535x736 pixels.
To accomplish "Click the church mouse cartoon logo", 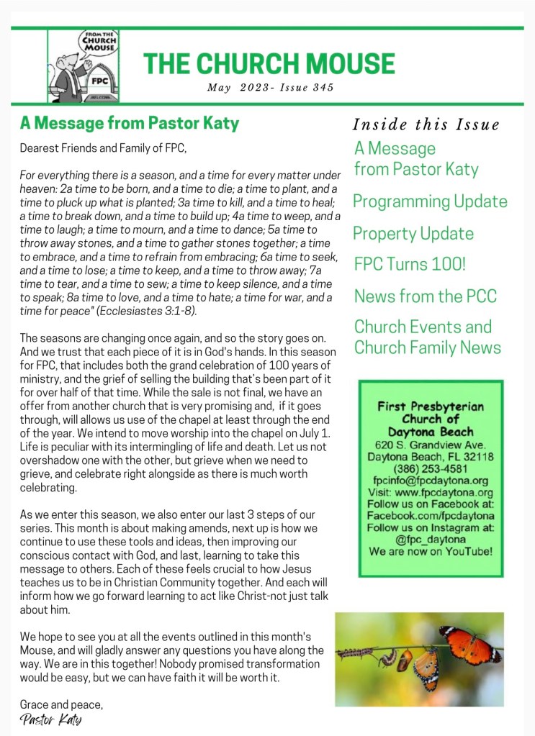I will pyautogui.click(x=83, y=65).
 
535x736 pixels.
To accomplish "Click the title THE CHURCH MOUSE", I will pyautogui.click(x=269, y=63).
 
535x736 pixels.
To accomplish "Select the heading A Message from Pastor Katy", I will pyautogui.click(x=129, y=123).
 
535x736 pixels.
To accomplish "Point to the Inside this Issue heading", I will pyautogui.click(x=426, y=124).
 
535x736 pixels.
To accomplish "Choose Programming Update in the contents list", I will pyautogui.click(x=430, y=201).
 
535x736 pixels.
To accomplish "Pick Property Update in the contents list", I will pyautogui.click(x=413, y=234).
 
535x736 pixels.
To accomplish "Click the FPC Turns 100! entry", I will pyautogui.click(x=410, y=264).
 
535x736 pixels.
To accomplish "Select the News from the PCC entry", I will pyautogui.click(x=425, y=296).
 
